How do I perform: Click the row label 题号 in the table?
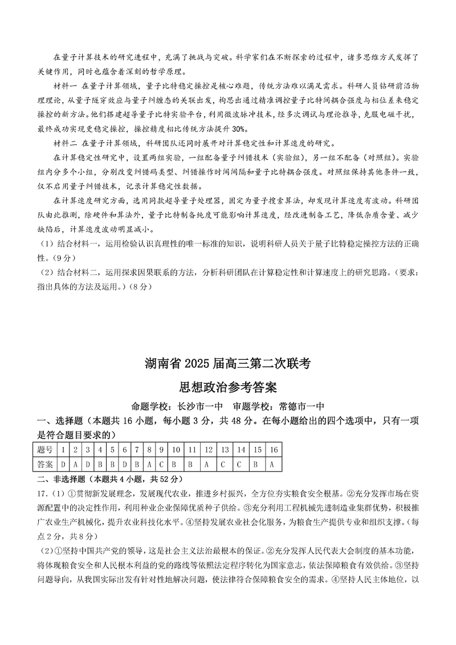coord(45,450)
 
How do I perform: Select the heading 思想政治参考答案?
coord(227,388)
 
